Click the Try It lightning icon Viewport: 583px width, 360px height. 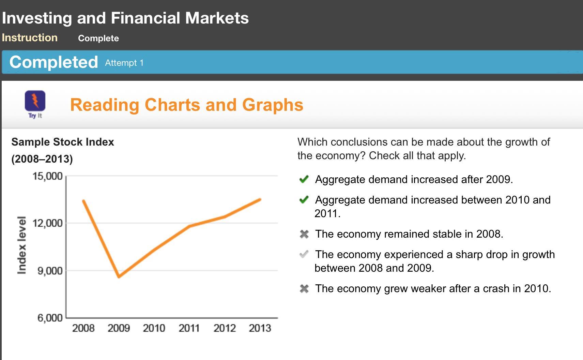click(35, 101)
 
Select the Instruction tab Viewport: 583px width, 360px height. click(30, 37)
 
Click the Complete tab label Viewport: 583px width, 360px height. click(98, 38)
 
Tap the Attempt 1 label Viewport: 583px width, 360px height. click(124, 63)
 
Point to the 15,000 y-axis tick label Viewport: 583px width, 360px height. click(47, 176)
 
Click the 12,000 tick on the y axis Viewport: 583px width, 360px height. click(47, 223)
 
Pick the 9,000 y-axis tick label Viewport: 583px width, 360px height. click(50, 271)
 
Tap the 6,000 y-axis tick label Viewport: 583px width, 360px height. click(50, 318)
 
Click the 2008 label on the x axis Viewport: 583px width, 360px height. click(83, 328)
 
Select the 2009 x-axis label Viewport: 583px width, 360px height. click(119, 328)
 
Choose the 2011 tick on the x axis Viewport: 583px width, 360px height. click(189, 328)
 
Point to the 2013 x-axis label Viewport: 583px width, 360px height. click(260, 328)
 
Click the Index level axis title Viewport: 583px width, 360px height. click(22, 245)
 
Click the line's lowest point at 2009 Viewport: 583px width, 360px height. click(119, 277)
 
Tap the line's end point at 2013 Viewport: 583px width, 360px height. click(260, 199)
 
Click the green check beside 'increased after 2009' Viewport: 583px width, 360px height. click(304, 179)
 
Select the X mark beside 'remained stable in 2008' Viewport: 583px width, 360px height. click(304, 234)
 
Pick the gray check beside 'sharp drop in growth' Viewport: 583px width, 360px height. click(304, 254)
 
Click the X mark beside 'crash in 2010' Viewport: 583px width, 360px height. click(304, 289)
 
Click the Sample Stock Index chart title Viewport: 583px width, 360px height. click(63, 142)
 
